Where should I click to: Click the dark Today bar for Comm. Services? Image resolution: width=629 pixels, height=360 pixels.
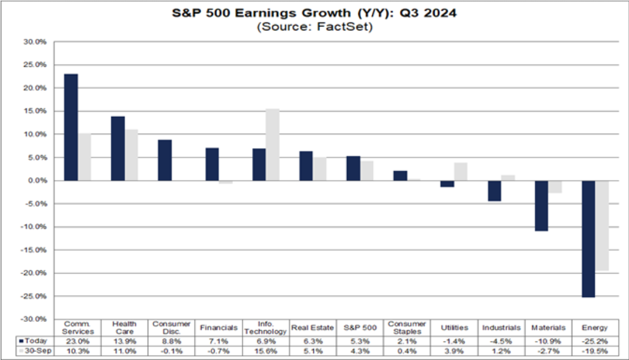point(71,127)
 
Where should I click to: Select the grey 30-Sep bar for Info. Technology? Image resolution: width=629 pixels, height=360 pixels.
point(272,145)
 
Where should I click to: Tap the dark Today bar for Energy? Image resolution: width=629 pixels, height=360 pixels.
point(588,239)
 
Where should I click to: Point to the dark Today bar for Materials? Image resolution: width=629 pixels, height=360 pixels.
point(541,206)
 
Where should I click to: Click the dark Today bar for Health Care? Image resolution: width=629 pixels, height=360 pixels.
point(118,148)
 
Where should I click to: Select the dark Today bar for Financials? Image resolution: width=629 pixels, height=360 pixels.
point(212,164)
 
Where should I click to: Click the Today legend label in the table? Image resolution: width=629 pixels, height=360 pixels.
point(34,340)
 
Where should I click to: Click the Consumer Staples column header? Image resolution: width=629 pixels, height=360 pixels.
point(407,327)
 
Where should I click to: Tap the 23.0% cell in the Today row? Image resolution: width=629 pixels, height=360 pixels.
point(76,340)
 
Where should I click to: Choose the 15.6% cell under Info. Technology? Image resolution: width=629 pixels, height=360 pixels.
point(265,350)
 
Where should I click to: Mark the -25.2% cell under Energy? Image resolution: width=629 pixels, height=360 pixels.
point(595,340)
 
